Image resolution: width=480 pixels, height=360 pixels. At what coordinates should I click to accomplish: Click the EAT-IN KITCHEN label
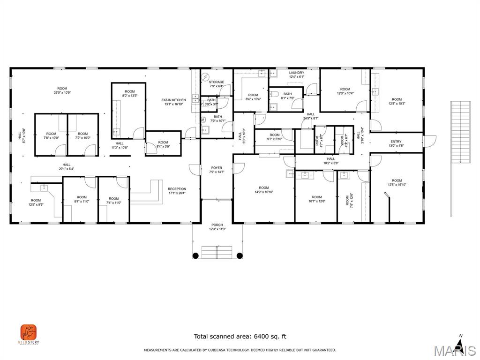pos(173,100)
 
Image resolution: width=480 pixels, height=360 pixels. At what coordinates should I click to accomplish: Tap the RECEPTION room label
pos(177,189)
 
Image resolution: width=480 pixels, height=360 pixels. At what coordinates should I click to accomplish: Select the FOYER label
pos(217,168)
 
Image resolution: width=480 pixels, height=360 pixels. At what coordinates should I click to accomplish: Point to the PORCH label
pos(217,225)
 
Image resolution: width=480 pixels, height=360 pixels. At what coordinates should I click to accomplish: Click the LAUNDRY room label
pos(296,73)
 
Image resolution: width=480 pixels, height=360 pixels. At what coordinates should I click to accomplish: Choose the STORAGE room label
pos(217,82)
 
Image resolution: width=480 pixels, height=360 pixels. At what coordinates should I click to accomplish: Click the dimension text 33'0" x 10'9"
pos(62,93)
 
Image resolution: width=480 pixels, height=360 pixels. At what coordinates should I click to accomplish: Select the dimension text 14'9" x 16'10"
pos(264,192)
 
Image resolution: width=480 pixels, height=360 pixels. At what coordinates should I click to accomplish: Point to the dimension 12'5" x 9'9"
pos(36,205)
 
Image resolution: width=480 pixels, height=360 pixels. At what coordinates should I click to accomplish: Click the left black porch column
pos(195,255)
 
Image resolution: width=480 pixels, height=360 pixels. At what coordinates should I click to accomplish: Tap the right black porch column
pos(240,255)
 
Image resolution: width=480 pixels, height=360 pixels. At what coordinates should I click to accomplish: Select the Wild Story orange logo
pos(29,333)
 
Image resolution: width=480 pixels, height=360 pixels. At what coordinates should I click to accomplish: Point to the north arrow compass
pos(460,345)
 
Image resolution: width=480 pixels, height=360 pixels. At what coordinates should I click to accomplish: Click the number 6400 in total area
pos(260,336)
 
